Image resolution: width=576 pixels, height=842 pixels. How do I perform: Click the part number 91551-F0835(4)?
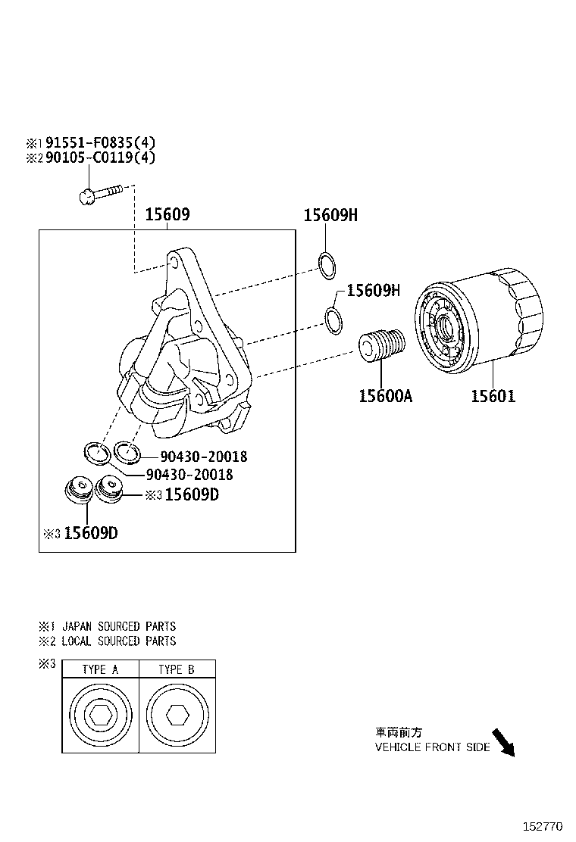[x=100, y=142]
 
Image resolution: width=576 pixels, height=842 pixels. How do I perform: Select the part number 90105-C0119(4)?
[x=100, y=157]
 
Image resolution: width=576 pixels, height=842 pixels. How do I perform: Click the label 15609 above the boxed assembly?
[x=167, y=215]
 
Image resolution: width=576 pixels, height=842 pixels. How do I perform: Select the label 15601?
[x=493, y=396]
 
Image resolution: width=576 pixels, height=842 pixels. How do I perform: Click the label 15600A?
[x=385, y=396]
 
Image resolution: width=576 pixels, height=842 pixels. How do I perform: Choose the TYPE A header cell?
[x=100, y=669]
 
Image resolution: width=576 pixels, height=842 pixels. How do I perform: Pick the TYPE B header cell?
[x=177, y=669]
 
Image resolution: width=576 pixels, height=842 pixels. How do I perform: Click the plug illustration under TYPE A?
[x=100, y=715]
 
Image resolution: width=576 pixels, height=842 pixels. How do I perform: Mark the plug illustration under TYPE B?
[x=177, y=715]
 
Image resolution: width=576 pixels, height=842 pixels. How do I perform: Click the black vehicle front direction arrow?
[x=503, y=743]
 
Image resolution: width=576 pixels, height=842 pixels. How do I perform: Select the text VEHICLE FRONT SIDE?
[x=433, y=747]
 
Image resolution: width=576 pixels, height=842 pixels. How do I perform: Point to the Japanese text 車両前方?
[x=399, y=733]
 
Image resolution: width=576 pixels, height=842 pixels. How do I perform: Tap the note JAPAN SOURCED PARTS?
[x=118, y=627]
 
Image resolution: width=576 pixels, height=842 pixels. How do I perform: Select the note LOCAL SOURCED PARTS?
[x=118, y=641]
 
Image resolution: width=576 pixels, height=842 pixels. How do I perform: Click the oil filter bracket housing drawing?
[x=182, y=348]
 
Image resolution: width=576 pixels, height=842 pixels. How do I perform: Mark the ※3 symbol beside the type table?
[x=47, y=664]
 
